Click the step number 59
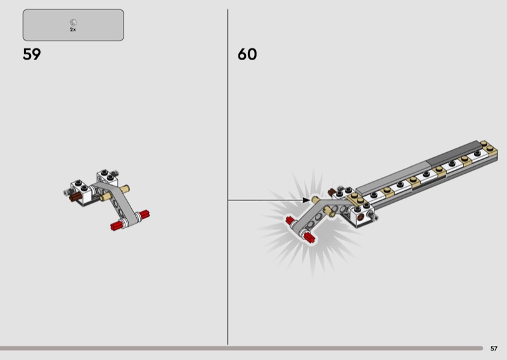[32, 54]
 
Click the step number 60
[247, 54]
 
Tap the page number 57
[494, 349]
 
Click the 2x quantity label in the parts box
[73, 30]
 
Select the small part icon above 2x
[73, 23]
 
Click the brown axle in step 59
[75, 196]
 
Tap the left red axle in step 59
[117, 225]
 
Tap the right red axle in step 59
[144, 214]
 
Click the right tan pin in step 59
[124, 189]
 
